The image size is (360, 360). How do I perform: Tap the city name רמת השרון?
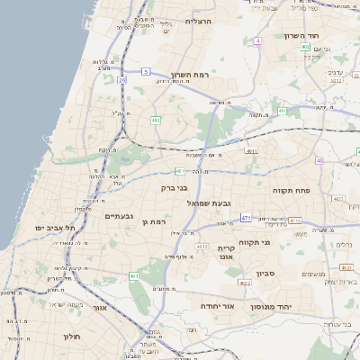[189, 75]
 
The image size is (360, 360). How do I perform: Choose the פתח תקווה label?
[292, 191]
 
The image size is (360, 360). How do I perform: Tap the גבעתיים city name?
[120, 216]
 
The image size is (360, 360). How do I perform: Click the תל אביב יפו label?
[58, 228]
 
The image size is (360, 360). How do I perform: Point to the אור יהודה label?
[215, 307]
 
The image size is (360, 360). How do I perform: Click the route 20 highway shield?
[122, 80]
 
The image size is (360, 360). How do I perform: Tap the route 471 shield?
[246, 218]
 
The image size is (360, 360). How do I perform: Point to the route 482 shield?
[156, 119]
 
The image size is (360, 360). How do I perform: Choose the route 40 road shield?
[319, 160]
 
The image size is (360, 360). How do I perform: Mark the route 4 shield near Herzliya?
[257, 40]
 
